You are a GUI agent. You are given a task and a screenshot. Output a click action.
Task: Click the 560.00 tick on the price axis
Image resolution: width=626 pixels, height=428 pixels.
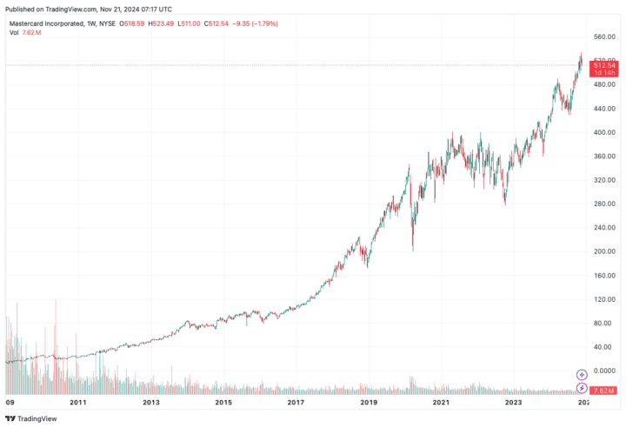603,37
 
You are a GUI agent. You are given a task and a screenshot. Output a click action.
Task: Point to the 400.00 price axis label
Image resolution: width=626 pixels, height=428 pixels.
603,132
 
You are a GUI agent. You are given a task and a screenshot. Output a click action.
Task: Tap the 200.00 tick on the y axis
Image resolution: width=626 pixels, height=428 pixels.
603,251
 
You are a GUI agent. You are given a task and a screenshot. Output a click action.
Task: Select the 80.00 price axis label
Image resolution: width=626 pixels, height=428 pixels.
603,323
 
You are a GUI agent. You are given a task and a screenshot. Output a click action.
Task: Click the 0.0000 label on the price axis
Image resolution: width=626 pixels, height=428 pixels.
603,371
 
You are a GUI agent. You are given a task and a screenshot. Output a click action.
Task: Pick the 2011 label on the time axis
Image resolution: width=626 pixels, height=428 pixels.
78,403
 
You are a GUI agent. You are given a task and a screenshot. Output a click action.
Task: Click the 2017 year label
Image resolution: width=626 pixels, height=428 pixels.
296,403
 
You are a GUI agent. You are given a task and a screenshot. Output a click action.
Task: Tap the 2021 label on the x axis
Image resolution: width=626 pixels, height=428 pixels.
441,403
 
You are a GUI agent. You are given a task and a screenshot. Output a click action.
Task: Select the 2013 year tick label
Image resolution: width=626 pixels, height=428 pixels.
150,403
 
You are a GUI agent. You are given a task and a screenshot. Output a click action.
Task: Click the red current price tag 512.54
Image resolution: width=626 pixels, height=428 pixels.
604,64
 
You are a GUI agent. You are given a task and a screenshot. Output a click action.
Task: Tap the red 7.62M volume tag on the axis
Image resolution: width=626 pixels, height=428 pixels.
604,390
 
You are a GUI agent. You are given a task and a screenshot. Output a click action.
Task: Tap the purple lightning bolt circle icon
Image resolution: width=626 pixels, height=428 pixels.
583,389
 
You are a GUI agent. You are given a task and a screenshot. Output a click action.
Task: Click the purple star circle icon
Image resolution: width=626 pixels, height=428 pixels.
583,375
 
